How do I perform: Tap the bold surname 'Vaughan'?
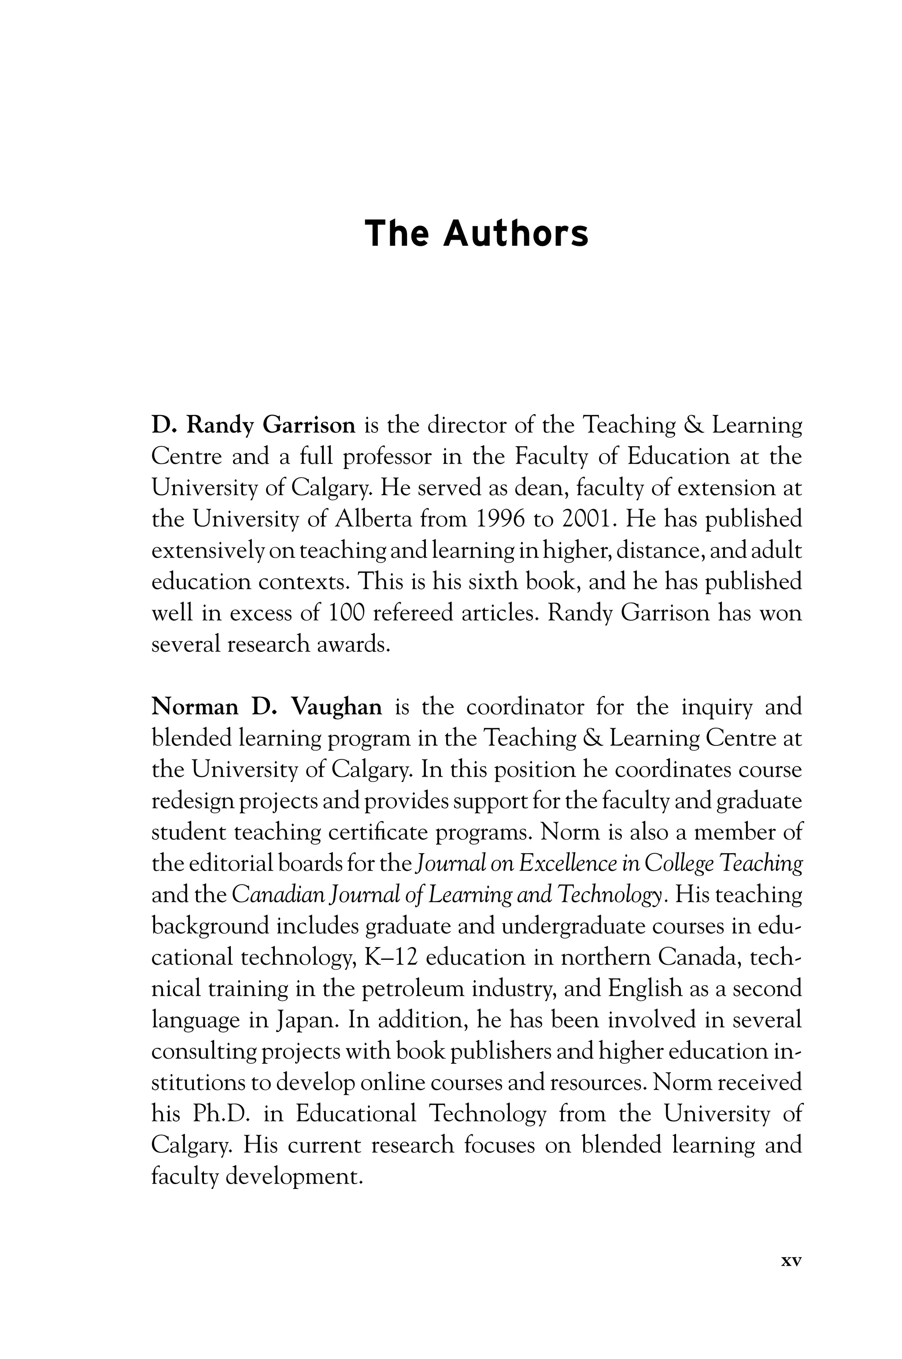[x=336, y=707]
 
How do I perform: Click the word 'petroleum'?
[x=412, y=988]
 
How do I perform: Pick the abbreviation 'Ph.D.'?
[x=222, y=1113]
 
